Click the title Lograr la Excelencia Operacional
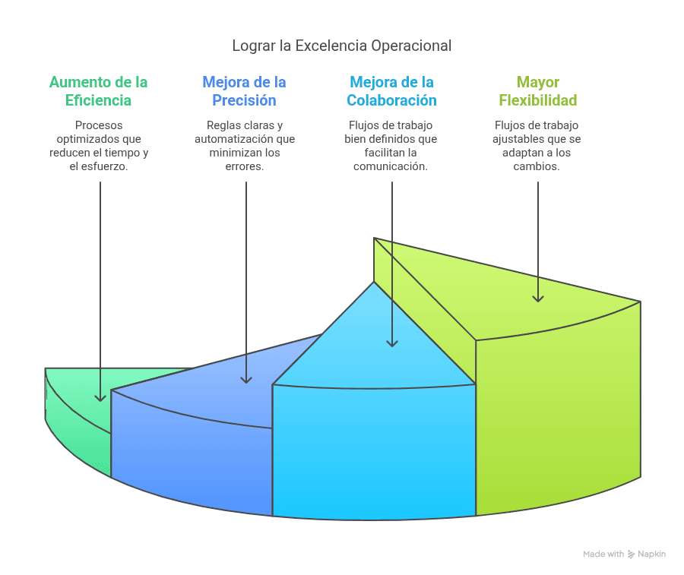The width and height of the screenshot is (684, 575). coord(341,46)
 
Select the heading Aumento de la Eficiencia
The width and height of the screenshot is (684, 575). coord(98,91)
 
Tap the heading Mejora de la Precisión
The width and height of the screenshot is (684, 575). coord(244,91)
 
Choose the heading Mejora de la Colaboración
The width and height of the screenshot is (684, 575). coord(391,91)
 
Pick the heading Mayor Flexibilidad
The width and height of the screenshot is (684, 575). coord(538,91)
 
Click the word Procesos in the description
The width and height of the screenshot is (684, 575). coord(99,125)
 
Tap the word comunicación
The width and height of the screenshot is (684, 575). coord(391,166)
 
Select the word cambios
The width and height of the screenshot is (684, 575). coord(536,166)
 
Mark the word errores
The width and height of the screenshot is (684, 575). coord(244,166)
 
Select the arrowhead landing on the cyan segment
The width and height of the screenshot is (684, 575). coord(392,343)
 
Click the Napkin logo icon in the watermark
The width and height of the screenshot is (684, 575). coord(631,554)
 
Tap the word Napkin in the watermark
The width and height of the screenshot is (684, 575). coord(652,554)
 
